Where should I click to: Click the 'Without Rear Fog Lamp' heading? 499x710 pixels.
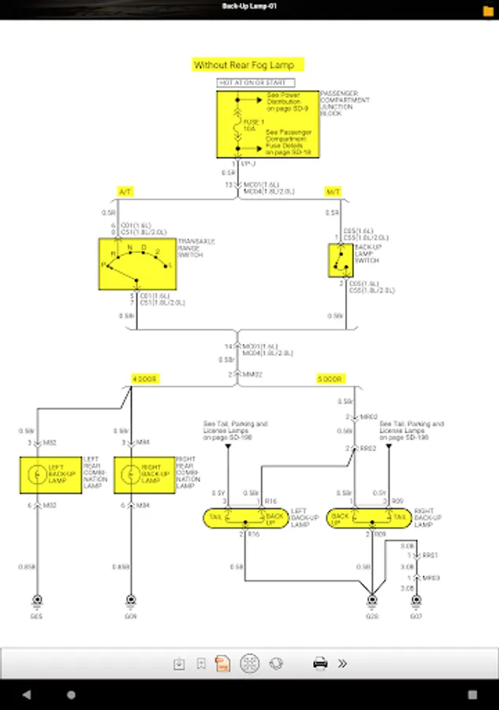coord(248,65)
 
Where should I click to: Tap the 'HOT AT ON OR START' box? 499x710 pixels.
coord(256,83)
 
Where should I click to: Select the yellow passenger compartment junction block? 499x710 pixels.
coord(268,124)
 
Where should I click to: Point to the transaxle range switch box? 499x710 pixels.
coord(136,262)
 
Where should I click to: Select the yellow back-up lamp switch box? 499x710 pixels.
coord(341,260)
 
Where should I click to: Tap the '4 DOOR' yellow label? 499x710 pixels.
coord(145,379)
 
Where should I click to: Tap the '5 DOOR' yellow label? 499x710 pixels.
coord(330,379)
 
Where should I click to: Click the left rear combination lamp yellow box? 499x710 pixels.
coord(51,474)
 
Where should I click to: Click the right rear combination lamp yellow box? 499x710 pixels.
coord(145,474)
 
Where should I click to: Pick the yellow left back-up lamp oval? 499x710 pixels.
coord(246,518)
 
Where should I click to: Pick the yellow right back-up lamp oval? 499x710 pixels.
coord(367,518)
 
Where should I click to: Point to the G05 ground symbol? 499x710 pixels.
coord(36,599)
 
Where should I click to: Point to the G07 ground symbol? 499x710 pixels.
coord(415,599)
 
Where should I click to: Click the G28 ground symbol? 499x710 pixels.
coord(371,599)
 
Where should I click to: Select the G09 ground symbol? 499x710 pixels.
coord(130,599)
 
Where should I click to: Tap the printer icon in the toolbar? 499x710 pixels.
coord(320,663)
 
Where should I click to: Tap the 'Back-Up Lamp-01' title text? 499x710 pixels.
coord(249,6)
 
